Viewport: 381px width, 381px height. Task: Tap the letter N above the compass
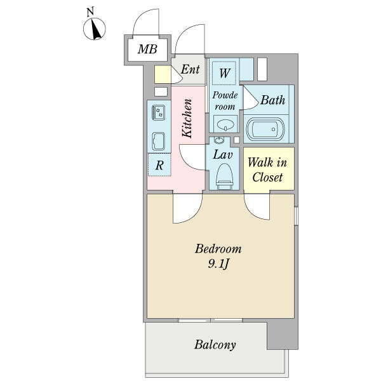click(x=91, y=11)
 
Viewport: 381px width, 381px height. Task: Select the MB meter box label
click(x=148, y=49)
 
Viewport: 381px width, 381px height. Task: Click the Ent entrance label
click(x=190, y=69)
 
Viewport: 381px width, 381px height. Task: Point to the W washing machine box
click(x=225, y=72)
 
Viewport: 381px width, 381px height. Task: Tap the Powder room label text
click(x=224, y=101)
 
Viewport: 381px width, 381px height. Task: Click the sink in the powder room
click(x=224, y=123)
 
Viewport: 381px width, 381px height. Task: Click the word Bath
click(x=272, y=100)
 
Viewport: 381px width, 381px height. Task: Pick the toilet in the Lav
click(x=224, y=173)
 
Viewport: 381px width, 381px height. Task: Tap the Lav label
click(x=222, y=154)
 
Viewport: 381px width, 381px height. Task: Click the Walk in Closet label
click(x=267, y=170)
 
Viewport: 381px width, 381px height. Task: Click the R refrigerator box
click(x=160, y=165)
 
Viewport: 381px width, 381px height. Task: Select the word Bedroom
click(x=218, y=248)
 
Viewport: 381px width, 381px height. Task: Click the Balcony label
click(x=215, y=345)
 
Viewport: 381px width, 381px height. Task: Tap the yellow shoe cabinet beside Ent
click(x=162, y=74)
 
